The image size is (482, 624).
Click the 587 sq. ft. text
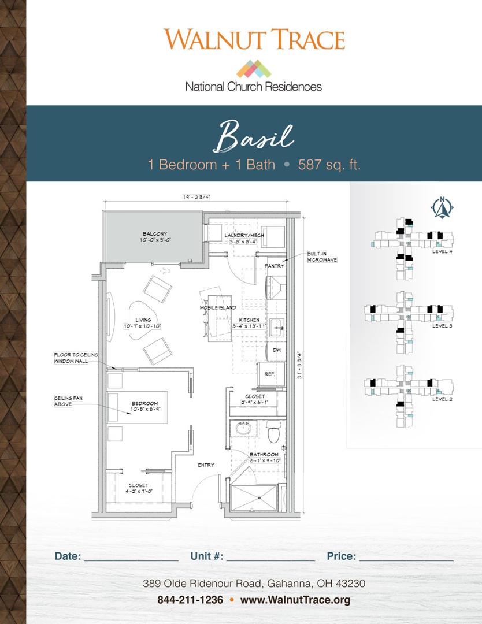pos(329,164)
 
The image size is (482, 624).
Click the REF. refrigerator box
pos(270,373)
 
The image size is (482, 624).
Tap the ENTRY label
pos(206,465)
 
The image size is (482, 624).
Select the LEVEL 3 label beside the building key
pos(443,326)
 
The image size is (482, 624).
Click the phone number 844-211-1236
pos(190,600)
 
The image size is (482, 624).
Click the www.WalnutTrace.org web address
pos(295,600)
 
